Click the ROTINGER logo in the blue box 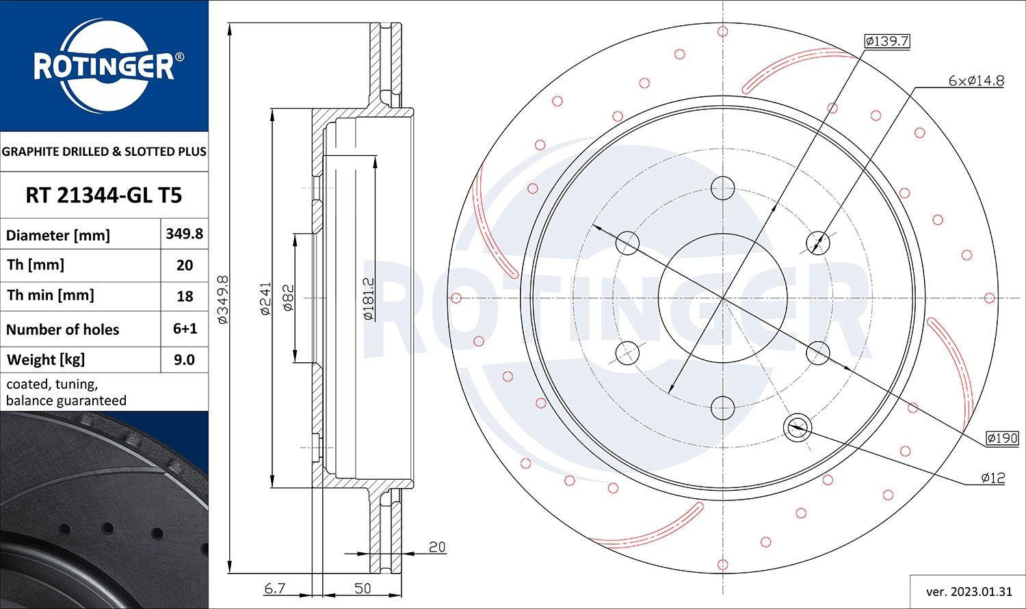(x=104, y=66)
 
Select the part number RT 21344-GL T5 (x=104, y=195)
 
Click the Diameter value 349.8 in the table (x=184, y=234)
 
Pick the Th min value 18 (x=184, y=296)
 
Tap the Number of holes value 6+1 (x=185, y=329)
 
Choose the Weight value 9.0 (x=184, y=360)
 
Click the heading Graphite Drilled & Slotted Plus (x=104, y=152)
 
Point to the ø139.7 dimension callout (x=886, y=41)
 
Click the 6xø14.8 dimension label (x=976, y=81)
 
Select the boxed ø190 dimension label (x=1002, y=438)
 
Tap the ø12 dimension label (x=992, y=478)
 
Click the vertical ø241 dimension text (x=265, y=298)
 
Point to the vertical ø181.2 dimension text (x=368, y=299)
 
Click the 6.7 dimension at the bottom (x=274, y=588)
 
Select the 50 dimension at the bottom (x=363, y=588)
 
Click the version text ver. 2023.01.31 (x=968, y=591)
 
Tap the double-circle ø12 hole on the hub (x=797, y=428)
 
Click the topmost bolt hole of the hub (x=723, y=188)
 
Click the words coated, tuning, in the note (x=52, y=384)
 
